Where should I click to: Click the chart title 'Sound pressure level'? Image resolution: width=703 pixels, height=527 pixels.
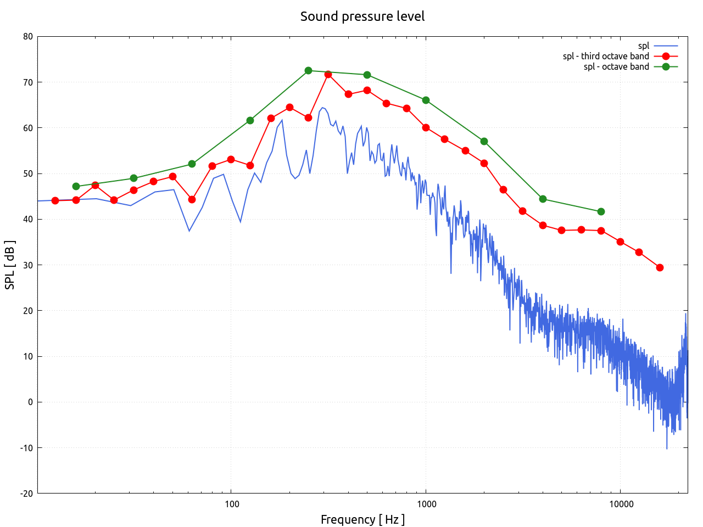(x=362, y=16)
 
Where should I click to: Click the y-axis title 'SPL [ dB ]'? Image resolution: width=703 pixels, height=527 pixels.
(x=10, y=265)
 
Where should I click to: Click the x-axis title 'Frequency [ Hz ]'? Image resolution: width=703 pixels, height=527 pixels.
(x=362, y=519)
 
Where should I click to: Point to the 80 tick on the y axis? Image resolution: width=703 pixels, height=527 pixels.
(x=27, y=37)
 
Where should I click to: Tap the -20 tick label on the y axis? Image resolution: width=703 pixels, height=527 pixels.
(x=26, y=494)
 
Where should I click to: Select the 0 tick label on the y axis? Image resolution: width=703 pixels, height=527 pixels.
(x=30, y=402)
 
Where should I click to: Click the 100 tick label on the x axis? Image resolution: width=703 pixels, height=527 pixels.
(x=231, y=504)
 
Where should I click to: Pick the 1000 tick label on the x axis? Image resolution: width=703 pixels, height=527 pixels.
(x=426, y=504)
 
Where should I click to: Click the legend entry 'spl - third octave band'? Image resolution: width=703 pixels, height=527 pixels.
(x=606, y=56)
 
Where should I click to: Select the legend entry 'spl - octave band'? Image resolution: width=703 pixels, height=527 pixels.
(x=616, y=66)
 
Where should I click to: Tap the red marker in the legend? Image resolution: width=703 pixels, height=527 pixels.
(x=666, y=56)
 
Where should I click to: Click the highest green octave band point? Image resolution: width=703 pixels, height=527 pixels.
(x=308, y=71)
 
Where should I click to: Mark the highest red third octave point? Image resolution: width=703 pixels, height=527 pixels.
(x=328, y=74)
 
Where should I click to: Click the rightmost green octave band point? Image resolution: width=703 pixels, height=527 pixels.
(x=601, y=211)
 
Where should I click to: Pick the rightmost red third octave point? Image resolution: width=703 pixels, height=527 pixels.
(x=660, y=267)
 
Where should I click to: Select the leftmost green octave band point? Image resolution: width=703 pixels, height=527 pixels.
(x=76, y=186)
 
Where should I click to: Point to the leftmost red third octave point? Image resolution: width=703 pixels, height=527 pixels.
(x=55, y=200)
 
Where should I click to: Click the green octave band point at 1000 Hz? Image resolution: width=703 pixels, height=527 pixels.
(x=426, y=100)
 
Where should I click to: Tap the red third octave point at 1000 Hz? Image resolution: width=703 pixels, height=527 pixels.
(x=426, y=127)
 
